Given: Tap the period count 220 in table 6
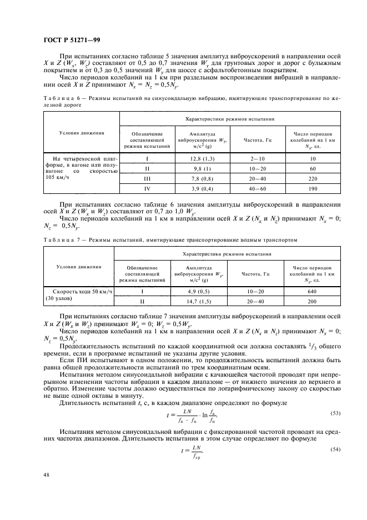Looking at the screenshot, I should (312, 179).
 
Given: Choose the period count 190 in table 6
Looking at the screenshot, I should (312, 189).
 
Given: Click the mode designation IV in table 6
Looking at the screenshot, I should (147, 189).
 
